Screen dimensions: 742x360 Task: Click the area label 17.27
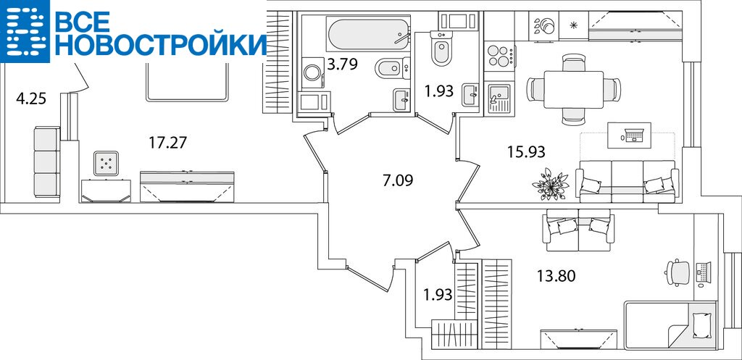[x=167, y=142]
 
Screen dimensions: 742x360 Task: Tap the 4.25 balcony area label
[x=30, y=99]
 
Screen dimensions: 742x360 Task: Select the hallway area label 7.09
[x=398, y=180]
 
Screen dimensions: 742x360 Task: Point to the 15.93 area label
[x=526, y=152]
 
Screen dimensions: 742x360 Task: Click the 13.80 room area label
[x=556, y=275]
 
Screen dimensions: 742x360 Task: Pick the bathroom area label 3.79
[x=342, y=64]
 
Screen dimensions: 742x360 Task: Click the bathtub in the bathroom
[x=367, y=34]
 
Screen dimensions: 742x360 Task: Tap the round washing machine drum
[x=312, y=73]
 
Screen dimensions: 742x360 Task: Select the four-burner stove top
[x=499, y=56]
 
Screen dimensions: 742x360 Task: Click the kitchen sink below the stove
[x=499, y=98]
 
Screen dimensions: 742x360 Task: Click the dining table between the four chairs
[x=573, y=89]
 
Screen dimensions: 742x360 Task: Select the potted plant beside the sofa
[x=551, y=184]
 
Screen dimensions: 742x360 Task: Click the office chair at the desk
[x=678, y=272]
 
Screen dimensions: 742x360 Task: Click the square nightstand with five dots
[x=106, y=164]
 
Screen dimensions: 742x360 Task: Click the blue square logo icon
[x=25, y=31]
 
